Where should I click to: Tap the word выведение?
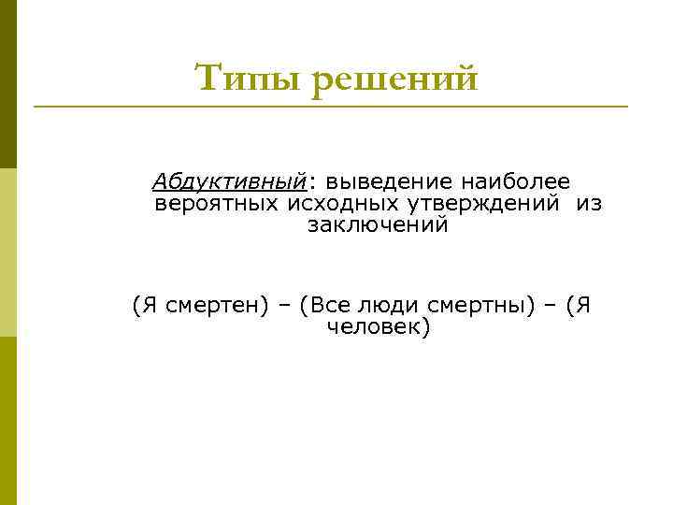point(381,180)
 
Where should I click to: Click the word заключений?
point(378,225)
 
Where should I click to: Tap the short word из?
point(588,202)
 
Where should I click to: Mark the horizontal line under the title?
point(331,107)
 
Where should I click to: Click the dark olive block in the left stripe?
point(8,84)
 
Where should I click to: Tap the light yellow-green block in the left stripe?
point(8,252)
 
